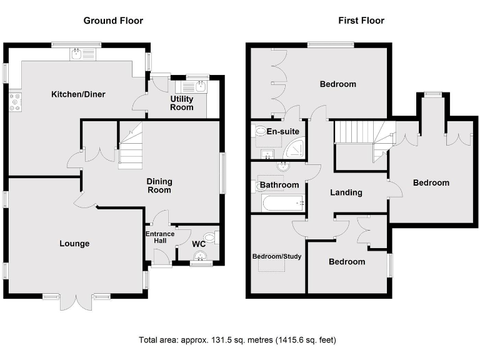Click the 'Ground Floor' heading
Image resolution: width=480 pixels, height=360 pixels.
tap(113, 21)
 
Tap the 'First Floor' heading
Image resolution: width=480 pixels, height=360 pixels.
tap(361, 21)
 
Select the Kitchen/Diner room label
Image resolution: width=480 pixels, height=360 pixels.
tap(78, 94)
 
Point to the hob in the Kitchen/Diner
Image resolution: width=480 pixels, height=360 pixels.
tap(14, 102)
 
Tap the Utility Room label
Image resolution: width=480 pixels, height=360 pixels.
tap(182, 103)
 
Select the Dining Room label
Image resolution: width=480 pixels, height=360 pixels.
tap(159, 186)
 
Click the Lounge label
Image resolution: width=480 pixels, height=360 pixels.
tap(74, 244)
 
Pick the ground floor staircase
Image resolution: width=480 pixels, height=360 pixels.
tap(131, 147)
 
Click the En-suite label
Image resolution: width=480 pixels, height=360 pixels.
tap(282, 132)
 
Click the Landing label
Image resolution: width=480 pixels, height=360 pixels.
tap(346, 192)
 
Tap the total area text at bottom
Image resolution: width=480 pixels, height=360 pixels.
tap(237, 341)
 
